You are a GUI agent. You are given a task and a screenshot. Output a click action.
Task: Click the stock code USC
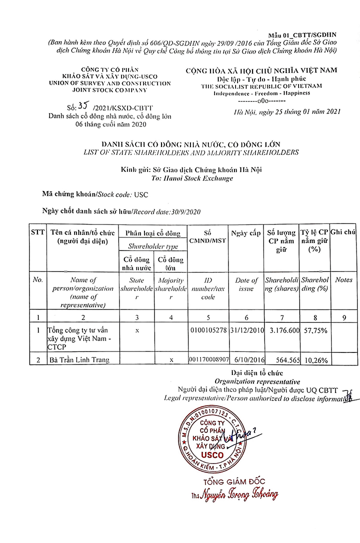click(141, 194)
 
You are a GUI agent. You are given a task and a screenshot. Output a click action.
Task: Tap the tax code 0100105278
click(208, 330)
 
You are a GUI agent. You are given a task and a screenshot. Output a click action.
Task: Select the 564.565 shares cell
click(284, 359)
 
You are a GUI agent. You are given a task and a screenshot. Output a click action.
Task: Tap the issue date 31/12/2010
click(245, 330)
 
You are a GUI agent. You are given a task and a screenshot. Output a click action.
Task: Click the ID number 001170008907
click(208, 359)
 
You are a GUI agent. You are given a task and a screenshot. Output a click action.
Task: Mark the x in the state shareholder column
click(136, 330)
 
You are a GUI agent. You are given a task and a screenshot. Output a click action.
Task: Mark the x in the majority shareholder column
click(171, 359)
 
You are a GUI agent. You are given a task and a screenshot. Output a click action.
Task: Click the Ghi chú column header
click(343, 232)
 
